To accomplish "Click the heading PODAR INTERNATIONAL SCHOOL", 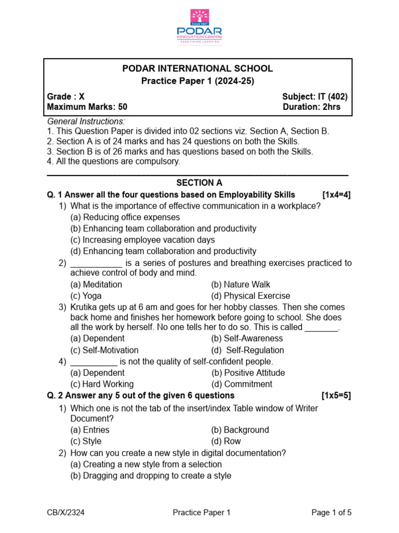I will (x=197, y=69).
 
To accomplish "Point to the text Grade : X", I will (x=66, y=96).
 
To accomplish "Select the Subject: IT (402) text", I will (x=315, y=96).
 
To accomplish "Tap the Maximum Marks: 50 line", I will (x=87, y=107).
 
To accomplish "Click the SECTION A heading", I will (x=199, y=183).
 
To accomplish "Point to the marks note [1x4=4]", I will (x=336, y=195).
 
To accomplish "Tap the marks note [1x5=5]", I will (x=336, y=396).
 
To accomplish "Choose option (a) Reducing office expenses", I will (x=125, y=217).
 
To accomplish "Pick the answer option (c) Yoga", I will (x=86, y=296).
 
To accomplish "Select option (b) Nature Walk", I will (x=241, y=284).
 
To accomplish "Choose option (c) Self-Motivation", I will (x=104, y=350).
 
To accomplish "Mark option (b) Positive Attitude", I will (x=248, y=373).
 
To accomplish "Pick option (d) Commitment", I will (x=242, y=384).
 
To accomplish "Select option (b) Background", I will (x=240, y=430).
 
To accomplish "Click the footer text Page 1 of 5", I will (x=331, y=513).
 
